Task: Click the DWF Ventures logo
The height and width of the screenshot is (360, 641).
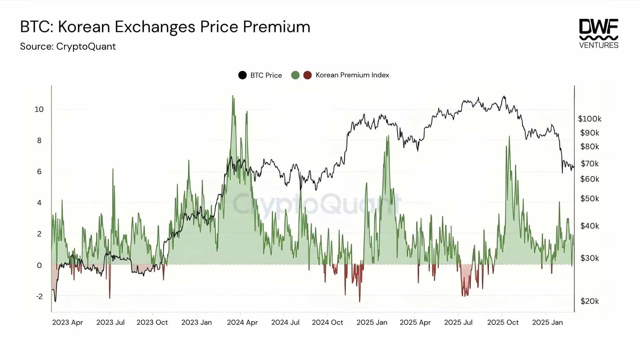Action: (599, 34)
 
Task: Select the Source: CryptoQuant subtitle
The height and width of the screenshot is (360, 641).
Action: (68, 47)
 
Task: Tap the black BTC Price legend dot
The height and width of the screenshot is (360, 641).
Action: (243, 75)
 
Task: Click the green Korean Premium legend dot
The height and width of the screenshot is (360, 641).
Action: (295, 75)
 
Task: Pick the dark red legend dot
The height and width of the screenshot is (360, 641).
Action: (308, 75)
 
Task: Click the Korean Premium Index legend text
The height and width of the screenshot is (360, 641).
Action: (352, 75)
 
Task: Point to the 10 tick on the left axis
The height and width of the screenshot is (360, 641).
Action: (39, 110)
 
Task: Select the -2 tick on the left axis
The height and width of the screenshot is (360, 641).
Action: (39, 297)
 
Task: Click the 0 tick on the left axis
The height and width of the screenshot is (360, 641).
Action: (39, 266)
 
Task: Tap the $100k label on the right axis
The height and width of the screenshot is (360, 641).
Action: (589, 119)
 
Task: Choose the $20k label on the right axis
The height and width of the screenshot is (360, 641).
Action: (590, 301)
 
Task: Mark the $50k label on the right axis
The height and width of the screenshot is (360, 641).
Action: (590, 199)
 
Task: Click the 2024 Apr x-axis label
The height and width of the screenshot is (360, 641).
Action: (242, 322)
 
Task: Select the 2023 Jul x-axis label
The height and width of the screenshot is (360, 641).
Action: (110, 322)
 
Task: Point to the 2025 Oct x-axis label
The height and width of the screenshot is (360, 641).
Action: (503, 322)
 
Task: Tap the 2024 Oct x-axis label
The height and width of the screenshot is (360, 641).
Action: (327, 322)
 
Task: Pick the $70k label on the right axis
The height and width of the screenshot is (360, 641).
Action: (590, 164)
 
